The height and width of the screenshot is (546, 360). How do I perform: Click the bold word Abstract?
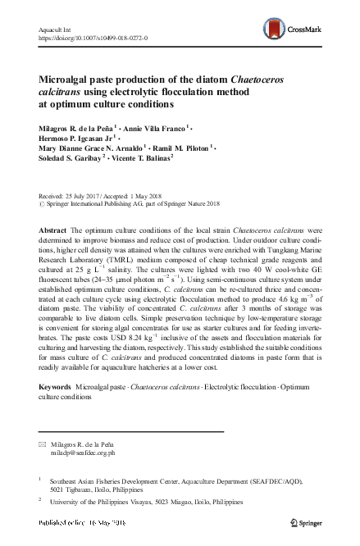click(52, 231)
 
